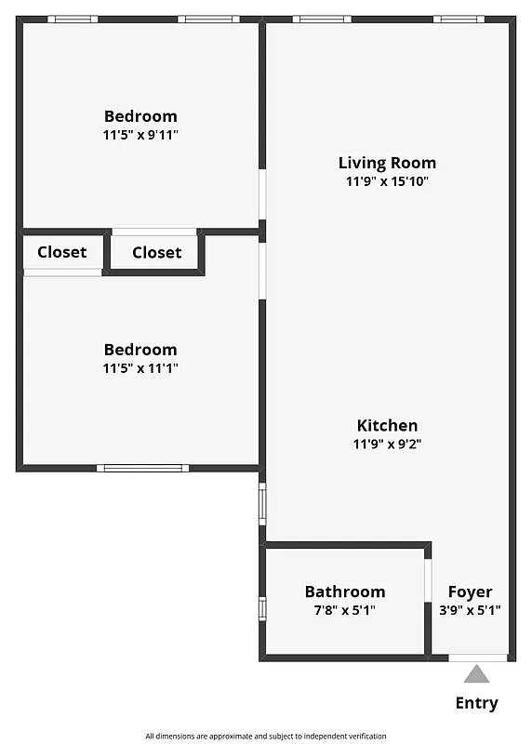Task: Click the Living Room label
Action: (387, 163)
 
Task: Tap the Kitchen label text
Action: (387, 425)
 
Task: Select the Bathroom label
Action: (345, 591)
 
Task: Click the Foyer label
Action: (470, 591)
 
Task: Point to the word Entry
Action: (476, 703)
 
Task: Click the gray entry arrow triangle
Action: (476, 674)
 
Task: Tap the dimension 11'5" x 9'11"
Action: (140, 135)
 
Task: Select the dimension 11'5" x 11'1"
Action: (140, 368)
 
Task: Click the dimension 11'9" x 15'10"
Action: (387, 182)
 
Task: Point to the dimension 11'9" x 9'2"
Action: (387, 445)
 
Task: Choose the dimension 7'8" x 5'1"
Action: (345, 611)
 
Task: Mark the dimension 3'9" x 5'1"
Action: (470, 611)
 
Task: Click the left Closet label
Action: (62, 252)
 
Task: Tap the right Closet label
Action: (156, 253)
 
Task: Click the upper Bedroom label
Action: (140, 116)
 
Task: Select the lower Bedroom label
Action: (140, 350)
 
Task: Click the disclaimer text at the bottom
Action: (266, 736)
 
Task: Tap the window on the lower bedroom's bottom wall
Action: (141, 468)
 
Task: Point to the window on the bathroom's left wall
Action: (262, 608)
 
